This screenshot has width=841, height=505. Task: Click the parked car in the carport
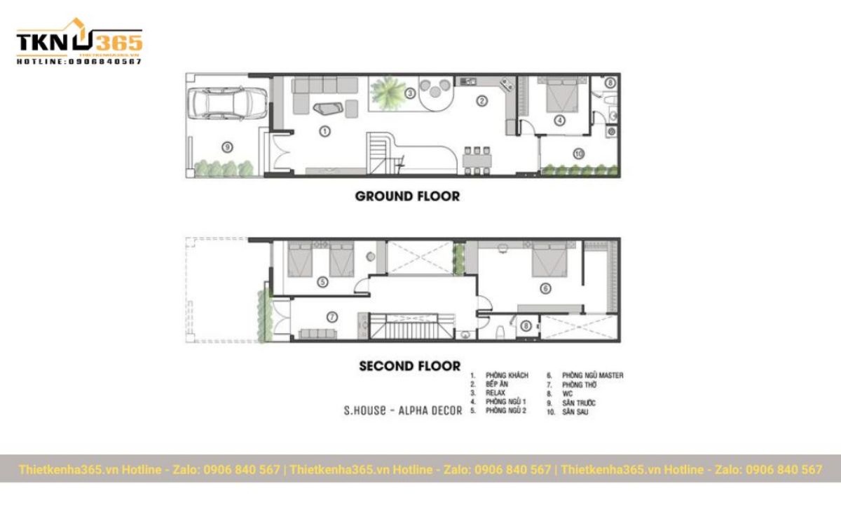pyautogui.click(x=226, y=103)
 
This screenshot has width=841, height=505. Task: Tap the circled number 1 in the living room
pyautogui.click(x=324, y=131)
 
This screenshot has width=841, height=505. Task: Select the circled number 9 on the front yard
pyautogui.click(x=226, y=147)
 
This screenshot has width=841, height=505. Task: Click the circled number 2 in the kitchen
pyautogui.click(x=481, y=101)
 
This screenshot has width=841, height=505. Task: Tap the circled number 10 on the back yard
pyautogui.click(x=578, y=153)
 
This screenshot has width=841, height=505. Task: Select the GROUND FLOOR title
pyautogui.click(x=407, y=196)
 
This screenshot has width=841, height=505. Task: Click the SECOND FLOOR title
pyautogui.click(x=410, y=365)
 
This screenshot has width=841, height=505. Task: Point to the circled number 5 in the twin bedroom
pyautogui.click(x=322, y=282)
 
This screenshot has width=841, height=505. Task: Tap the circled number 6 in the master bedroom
pyautogui.click(x=545, y=288)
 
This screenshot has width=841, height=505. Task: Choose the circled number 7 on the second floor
pyautogui.click(x=333, y=316)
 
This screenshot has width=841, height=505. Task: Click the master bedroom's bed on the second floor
pyautogui.click(x=552, y=261)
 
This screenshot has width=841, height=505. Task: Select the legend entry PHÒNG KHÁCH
pyautogui.click(x=506, y=376)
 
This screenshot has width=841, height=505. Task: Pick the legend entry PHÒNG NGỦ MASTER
pyautogui.click(x=592, y=376)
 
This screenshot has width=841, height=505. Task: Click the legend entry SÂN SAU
pyautogui.click(x=575, y=412)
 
